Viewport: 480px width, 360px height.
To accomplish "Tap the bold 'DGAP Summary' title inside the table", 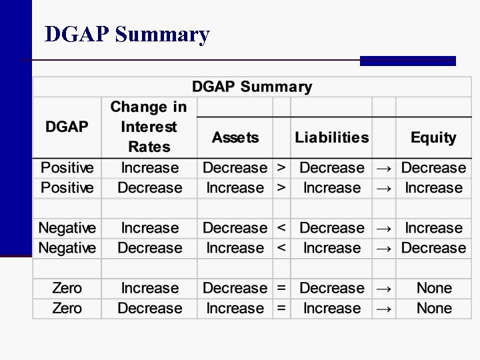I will coord(252,87).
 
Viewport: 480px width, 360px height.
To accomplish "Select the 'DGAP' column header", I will coord(67,127).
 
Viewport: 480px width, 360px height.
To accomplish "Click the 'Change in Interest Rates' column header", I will coord(149,127).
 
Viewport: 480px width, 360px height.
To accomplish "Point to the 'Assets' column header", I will coord(235,138).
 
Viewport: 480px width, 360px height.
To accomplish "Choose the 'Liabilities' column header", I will coord(331,138).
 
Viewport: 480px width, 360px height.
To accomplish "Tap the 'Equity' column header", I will coord(433,138).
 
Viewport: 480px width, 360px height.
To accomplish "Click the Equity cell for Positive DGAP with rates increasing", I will coord(433,168).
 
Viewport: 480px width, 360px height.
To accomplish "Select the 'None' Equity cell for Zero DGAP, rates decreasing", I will coord(433,309).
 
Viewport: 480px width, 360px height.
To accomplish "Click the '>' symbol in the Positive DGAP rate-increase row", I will coord(281,168).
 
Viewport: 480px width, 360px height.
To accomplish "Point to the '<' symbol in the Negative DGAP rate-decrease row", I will coord(281,248).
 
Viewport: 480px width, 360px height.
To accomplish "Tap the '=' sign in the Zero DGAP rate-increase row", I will coord(281,289).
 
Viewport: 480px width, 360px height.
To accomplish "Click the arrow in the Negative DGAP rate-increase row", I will coord(384,228).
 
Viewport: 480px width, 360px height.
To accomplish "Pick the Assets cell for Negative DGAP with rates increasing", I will coord(235,228).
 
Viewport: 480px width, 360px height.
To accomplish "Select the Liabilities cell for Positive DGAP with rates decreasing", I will coord(331,188).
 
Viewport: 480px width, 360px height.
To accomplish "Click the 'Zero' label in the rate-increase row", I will coord(67,289).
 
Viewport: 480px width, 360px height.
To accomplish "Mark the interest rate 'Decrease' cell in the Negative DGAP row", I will coord(149,248).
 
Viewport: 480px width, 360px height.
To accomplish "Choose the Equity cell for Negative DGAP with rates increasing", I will coord(433,228).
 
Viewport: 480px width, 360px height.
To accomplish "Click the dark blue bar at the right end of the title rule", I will coord(407,61).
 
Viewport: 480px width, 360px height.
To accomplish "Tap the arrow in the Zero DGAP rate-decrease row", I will coord(384,309).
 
